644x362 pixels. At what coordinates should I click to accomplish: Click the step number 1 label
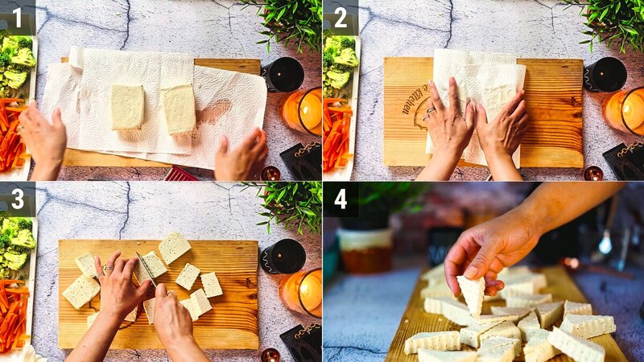16,16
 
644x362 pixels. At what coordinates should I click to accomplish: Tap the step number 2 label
340,16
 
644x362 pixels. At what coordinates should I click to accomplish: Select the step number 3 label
16,199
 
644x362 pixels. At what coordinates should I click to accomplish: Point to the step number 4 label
340,199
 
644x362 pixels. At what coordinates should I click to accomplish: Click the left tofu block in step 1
127,106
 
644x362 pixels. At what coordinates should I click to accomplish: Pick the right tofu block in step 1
179,108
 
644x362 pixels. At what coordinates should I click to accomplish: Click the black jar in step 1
283,74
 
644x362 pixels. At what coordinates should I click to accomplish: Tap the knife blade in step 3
147,269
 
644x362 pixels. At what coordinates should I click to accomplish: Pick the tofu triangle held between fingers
472,294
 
